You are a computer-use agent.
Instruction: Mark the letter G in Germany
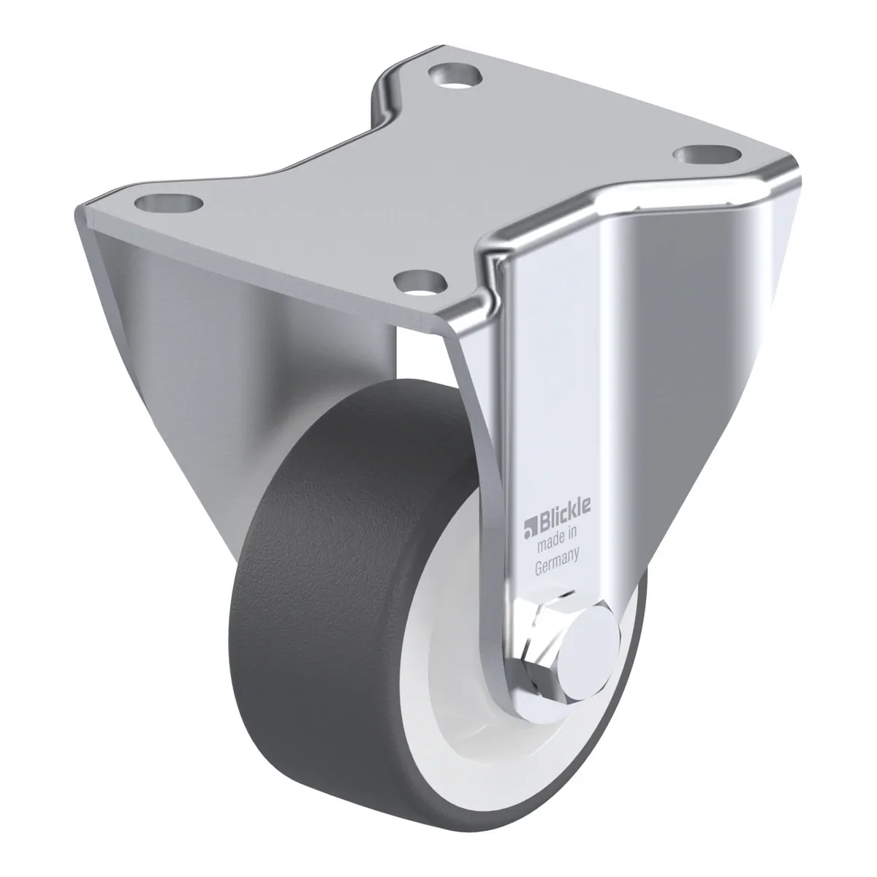[x=539, y=568]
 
